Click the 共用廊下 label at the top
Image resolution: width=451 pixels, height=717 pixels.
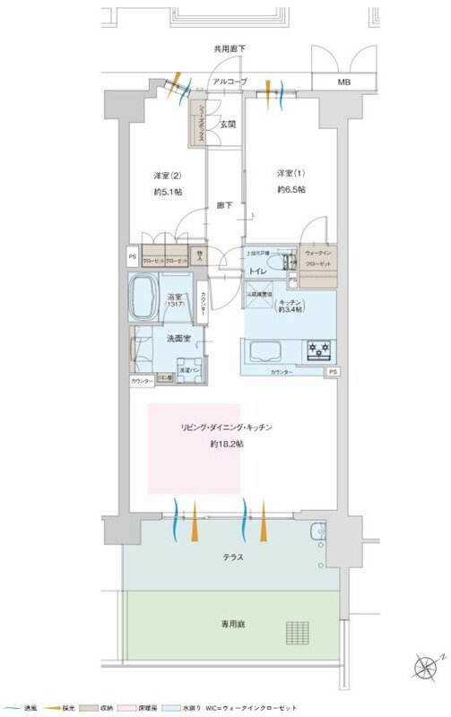click(x=230, y=49)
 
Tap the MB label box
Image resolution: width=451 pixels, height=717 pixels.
click(x=344, y=82)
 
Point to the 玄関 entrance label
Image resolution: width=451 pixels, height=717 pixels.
click(x=228, y=125)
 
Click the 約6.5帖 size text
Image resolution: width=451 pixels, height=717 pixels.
click(x=291, y=190)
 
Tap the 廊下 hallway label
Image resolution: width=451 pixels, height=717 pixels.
click(x=225, y=205)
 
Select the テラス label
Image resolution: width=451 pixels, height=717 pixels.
click(x=231, y=557)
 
